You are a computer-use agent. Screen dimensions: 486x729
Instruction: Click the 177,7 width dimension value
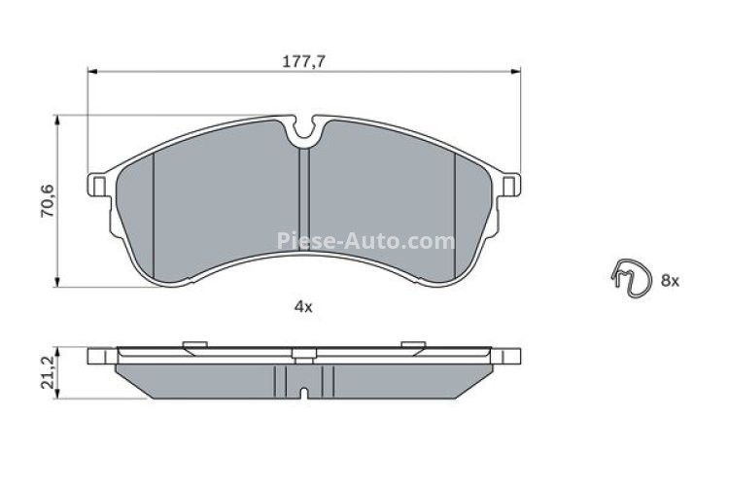click(x=303, y=60)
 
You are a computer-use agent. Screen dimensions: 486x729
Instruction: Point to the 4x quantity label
click(x=303, y=307)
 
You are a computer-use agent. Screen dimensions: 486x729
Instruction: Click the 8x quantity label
click(x=670, y=280)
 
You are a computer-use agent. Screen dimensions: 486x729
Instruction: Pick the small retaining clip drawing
click(x=629, y=278)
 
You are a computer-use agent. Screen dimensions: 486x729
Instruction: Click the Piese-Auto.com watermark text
click(x=366, y=241)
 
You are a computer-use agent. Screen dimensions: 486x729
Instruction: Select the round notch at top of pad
click(x=305, y=126)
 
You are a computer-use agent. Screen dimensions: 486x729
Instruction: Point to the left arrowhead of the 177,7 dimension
click(x=93, y=70)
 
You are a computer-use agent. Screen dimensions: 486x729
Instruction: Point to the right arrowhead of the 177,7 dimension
click(x=516, y=70)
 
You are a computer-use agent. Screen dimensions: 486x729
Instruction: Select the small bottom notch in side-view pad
click(x=305, y=394)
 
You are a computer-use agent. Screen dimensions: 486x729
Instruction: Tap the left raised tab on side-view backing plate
click(x=192, y=342)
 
